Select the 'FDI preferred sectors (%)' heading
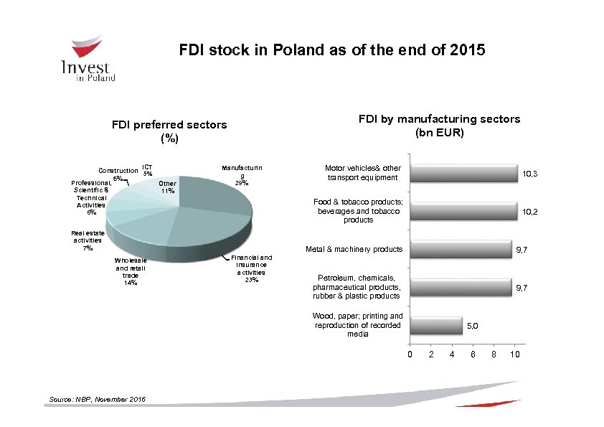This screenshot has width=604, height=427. coord(169,131)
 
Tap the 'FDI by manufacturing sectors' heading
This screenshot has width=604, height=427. coord(440,126)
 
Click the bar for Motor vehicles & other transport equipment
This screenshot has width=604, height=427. coord(463,173)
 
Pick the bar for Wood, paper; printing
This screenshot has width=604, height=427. coord(435,325)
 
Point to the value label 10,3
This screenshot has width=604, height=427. coord(530,174)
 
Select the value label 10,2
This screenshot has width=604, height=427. coord(530,212)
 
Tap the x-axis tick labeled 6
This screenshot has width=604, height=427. coord(473,355)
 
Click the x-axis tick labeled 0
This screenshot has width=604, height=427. coord(410,355)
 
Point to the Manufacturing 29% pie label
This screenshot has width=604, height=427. coord(242,175)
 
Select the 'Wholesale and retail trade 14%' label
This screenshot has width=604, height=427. coord(131,272)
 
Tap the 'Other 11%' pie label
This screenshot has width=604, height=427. coord(168,187)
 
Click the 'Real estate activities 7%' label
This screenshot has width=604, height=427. coord(87,240)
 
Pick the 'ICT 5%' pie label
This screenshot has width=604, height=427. coord(147,169)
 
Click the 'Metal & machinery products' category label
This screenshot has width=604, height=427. coord(354,250)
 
